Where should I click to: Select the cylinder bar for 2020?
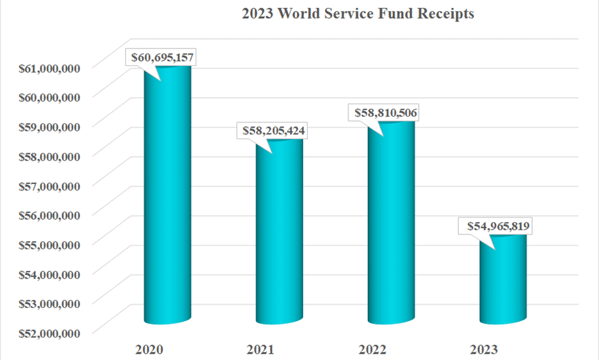coord(167,198)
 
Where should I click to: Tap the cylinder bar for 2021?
coord(280,234)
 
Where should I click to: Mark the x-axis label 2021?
coord(261,349)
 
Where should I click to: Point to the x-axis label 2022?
coord(373,349)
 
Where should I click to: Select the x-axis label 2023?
coord(484,349)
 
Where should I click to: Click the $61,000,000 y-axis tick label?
coord(49,68)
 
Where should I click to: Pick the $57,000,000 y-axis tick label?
coord(49,186)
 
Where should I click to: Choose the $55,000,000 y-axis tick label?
coord(49,244)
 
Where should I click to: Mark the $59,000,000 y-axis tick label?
coord(49,127)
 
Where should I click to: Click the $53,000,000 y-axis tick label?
coord(49,304)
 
